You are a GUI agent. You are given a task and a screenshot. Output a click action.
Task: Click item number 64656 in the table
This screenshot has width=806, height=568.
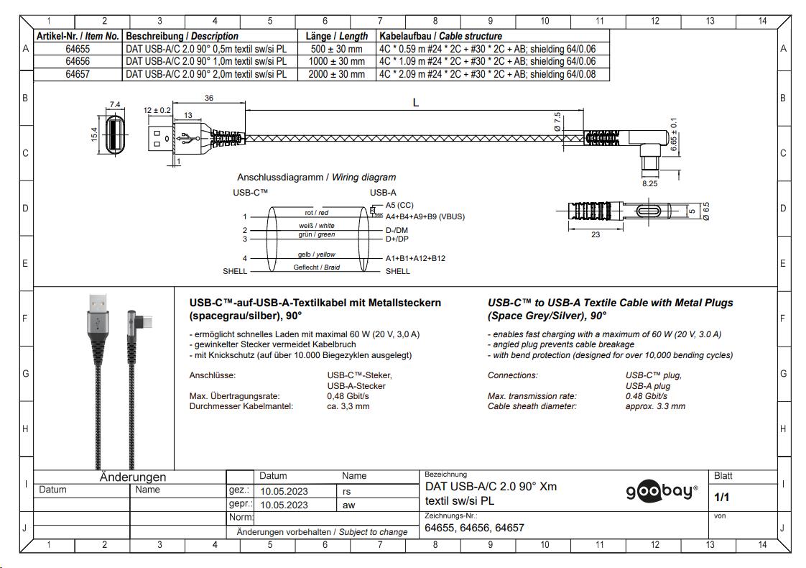[x=78, y=61]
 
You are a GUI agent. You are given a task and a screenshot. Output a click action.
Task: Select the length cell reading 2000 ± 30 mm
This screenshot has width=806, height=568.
[x=337, y=74]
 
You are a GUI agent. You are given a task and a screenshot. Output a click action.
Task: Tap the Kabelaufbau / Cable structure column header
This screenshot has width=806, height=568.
[x=440, y=36]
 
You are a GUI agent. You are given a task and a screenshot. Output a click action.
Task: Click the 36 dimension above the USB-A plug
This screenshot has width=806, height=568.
[x=209, y=98]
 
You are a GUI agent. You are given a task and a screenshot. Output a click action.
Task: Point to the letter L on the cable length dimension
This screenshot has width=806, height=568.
[x=416, y=102]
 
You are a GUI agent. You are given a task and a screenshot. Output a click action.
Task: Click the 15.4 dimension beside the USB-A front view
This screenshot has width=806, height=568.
[x=95, y=134]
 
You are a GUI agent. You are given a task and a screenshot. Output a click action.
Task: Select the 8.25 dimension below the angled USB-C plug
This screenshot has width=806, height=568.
[x=649, y=183]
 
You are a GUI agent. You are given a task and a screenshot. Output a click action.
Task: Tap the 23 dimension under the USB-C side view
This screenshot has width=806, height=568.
[x=596, y=234]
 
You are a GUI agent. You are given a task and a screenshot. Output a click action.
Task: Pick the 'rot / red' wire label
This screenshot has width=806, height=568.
[x=316, y=213]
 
